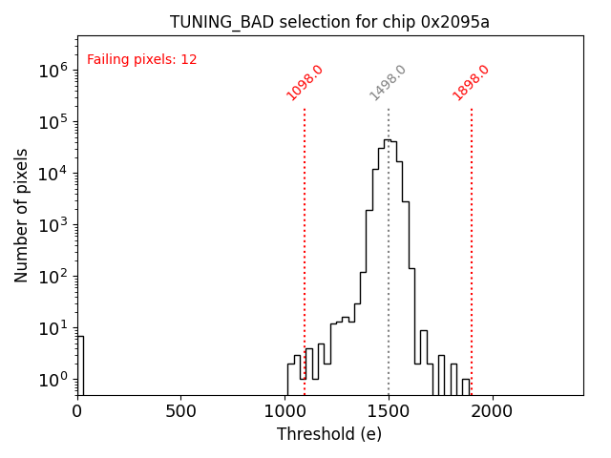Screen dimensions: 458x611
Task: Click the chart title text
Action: click(329, 22)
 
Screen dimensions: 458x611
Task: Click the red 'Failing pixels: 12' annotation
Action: click(142, 60)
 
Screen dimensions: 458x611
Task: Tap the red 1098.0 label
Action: click(305, 83)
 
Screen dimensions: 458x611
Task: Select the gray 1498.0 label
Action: click(389, 83)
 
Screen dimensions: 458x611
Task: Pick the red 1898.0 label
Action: click(472, 83)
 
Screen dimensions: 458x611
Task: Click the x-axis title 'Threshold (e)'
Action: click(329, 434)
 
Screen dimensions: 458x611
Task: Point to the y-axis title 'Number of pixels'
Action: click(22, 215)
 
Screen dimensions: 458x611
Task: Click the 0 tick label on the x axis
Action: click(77, 411)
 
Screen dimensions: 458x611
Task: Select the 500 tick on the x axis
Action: click(181, 411)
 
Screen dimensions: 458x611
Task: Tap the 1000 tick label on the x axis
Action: click(285, 411)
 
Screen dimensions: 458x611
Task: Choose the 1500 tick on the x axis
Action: click(389, 411)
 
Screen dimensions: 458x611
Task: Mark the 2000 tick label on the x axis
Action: click(493, 411)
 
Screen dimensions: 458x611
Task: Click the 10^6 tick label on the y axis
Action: click(53, 70)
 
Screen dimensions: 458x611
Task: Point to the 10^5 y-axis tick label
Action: click(53, 121)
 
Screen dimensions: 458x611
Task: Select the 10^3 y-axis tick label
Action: click(53, 225)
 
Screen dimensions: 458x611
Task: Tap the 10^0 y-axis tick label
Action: click(53, 380)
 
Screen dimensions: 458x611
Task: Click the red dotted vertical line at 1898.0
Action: click(472, 248)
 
